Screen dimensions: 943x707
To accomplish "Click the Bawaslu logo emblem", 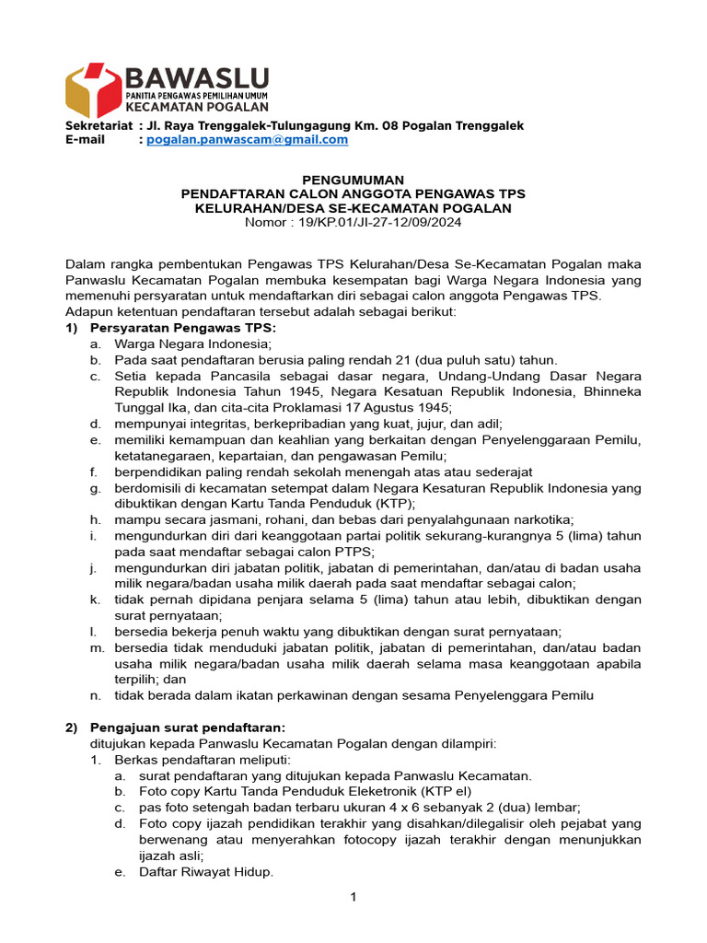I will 93,89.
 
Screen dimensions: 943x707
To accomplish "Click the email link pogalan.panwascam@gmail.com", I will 248,140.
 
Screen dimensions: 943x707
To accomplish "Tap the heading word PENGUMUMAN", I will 353,180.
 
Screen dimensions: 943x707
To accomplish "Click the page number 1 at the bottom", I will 353,899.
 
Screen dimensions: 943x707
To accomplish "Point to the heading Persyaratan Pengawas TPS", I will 182,328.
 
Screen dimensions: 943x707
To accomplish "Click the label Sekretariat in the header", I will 98,125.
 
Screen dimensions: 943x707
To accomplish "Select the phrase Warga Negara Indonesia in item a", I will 174,343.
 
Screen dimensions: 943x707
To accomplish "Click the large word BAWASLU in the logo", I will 196,76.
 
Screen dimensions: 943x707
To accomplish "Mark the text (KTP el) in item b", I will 446,790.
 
